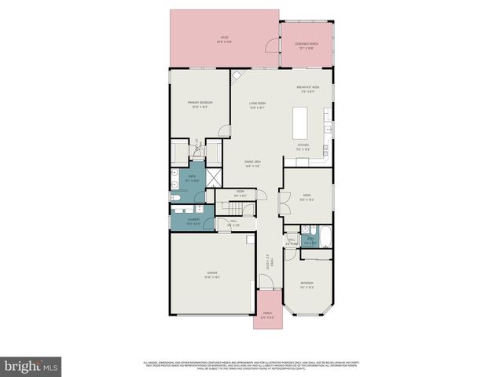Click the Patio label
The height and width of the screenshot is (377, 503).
point(225,39)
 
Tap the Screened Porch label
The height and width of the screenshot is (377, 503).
point(306,46)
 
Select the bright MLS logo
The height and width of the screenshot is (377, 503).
point(31,366)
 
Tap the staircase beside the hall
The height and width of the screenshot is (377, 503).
point(235,206)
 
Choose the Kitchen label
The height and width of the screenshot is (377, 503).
point(303,147)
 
